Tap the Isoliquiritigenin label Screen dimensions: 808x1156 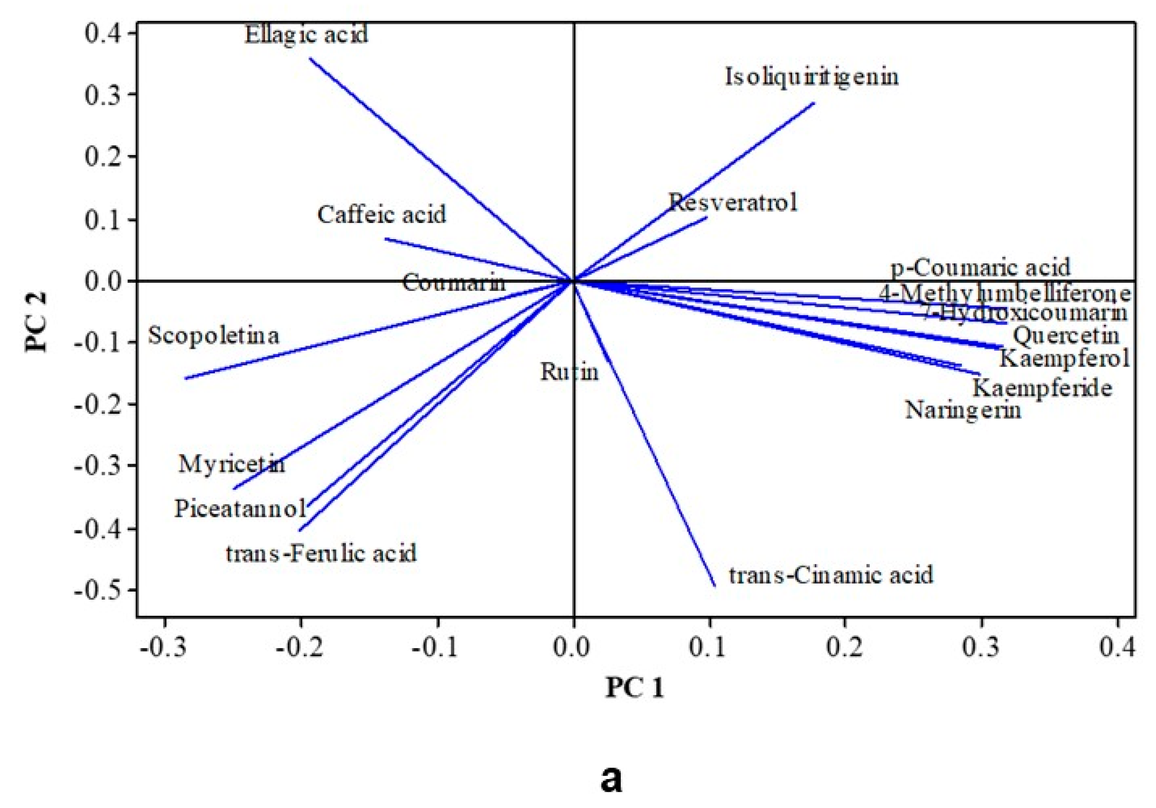811,77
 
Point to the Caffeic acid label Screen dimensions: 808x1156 382,215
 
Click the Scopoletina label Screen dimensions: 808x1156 214,336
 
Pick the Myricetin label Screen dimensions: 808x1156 232,464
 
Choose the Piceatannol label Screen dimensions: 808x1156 240,509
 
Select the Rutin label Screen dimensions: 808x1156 569,372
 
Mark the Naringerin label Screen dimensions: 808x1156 963,410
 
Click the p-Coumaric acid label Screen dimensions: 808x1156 981,268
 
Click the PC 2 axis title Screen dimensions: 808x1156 36,322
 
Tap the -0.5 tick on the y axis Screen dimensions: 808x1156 99,590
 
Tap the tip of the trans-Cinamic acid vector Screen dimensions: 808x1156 715,586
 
